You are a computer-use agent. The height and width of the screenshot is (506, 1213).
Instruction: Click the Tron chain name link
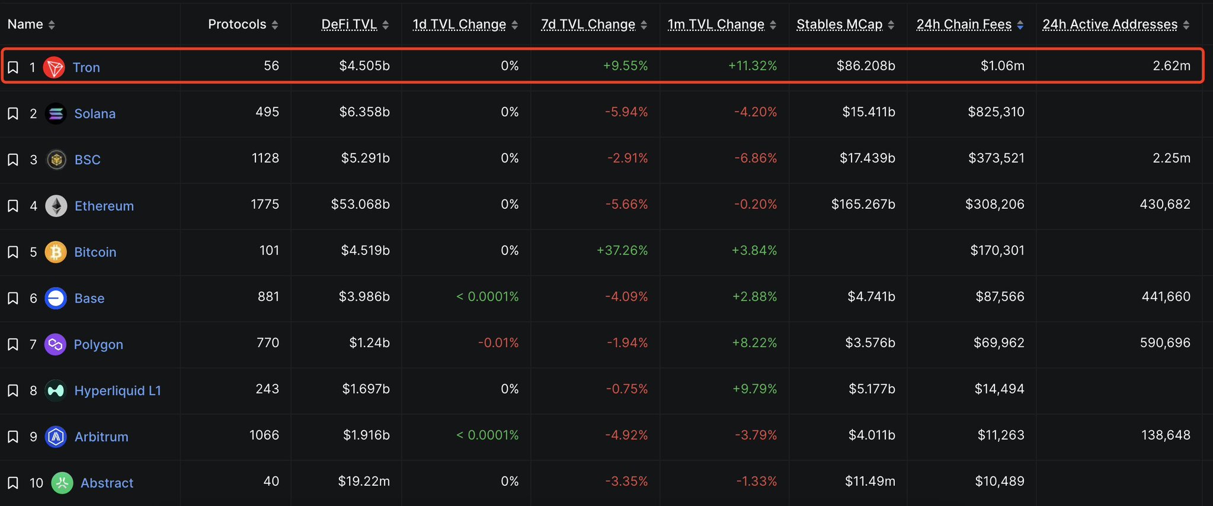click(86, 68)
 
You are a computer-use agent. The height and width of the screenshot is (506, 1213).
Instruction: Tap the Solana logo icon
click(56, 113)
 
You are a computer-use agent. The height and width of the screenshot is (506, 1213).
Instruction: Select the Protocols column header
click(237, 24)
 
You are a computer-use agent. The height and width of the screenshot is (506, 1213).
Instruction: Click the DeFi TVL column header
click(349, 24)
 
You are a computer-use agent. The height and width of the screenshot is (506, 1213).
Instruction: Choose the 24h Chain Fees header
click(964, 24)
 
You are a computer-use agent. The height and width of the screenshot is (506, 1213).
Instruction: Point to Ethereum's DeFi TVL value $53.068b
click(360, 205)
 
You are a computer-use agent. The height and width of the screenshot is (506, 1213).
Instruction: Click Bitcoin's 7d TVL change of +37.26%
click(622, 250)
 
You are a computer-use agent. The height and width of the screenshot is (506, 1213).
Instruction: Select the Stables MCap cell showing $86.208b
click(866, 66)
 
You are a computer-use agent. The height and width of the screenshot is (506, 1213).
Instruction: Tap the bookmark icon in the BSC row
click(12, 160)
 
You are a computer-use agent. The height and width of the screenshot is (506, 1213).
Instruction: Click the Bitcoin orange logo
click(56, 252)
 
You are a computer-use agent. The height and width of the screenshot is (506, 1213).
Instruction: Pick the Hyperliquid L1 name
click(117, 391)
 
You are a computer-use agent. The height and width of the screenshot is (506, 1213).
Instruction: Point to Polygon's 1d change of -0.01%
click(498, 343)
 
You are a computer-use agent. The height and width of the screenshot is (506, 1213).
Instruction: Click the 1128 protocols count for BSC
click(265, 158)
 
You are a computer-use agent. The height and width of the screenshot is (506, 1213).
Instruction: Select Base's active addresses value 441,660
click(1166, 297)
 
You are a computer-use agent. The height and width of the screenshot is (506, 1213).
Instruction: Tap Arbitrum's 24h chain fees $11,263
click(1001, 435)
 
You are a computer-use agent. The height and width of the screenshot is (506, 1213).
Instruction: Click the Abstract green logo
click(62, 483)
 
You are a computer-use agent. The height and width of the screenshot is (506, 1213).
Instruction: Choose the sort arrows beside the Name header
click(52, 25)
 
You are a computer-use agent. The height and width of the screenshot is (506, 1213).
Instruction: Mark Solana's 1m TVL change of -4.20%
click(756, 112)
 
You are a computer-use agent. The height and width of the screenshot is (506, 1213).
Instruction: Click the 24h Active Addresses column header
click(1109, 24)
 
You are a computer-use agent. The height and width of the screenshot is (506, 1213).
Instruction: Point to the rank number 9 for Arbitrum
click(33, 437)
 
